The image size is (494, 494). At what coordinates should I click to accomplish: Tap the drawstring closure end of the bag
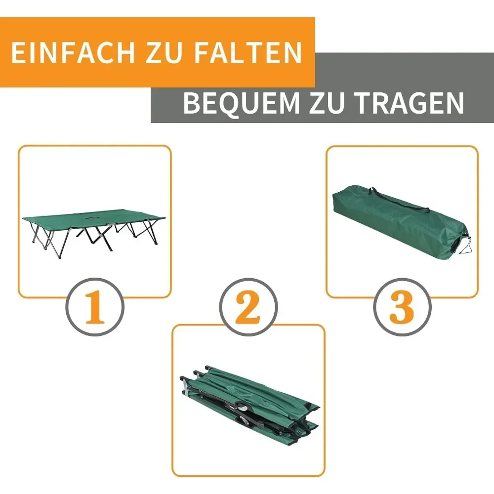(x=462, y=245)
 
